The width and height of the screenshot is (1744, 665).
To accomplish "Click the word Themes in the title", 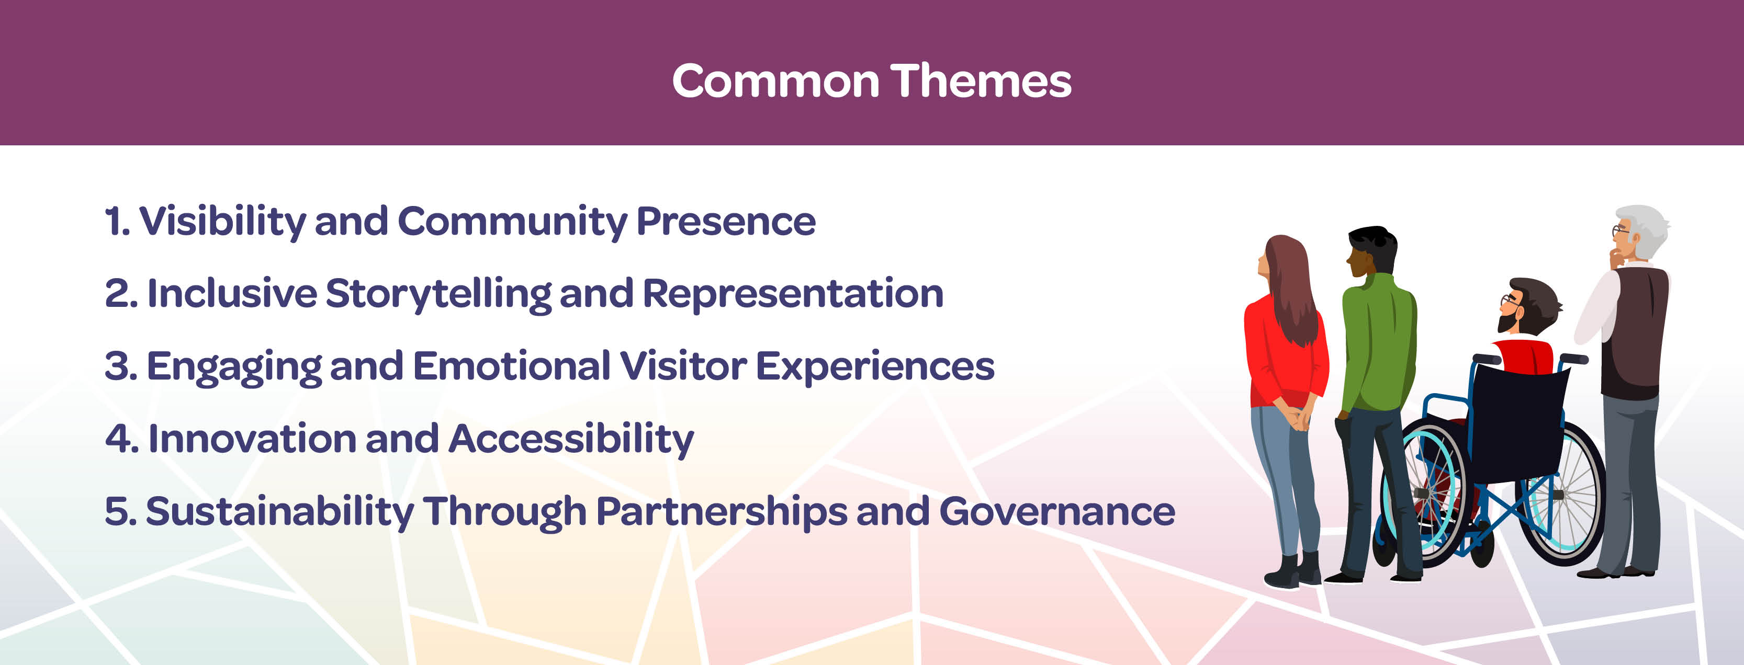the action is click(x=981, y=81).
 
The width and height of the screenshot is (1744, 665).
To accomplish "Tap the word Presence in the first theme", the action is click(x=726, y=222).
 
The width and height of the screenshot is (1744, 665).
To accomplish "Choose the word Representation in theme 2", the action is click(x=793, y=294).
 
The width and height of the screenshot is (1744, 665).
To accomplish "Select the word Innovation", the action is click(x=252, y=439).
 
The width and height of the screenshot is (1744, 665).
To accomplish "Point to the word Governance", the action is click(x=1057, y=511).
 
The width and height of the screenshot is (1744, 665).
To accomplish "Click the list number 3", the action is click(x=120, y=366).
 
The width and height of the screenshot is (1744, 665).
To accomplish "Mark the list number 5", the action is click(x=120, y=511).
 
